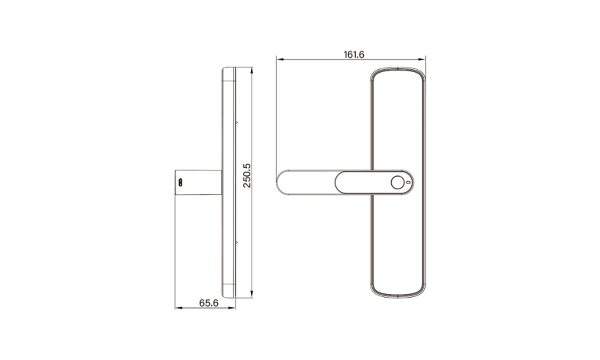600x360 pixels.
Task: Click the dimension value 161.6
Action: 354,55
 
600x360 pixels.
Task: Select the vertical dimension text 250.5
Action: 247,176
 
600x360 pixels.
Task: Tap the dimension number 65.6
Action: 209,303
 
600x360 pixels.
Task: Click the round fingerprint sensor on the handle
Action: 397,183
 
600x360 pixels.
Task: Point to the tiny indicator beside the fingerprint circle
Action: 408,183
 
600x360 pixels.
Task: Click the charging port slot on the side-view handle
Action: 181,183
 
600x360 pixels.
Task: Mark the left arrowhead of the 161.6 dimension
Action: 280,59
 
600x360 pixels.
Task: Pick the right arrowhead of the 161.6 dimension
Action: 422,59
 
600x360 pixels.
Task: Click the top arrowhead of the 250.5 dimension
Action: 252,71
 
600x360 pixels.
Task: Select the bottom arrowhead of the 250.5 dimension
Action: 252,294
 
